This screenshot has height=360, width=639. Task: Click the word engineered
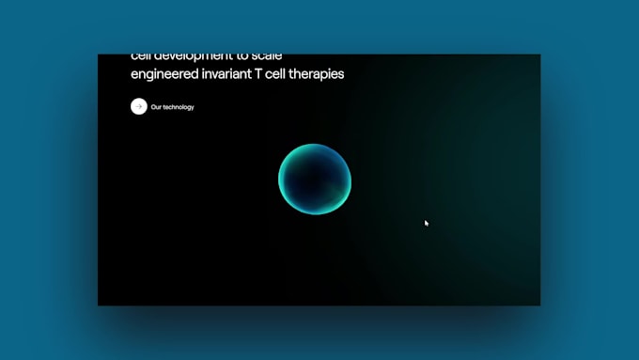click(x=164, y=74)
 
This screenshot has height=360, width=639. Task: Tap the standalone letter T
click(x=266, y=74)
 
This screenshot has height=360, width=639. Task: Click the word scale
click(x=265, y=57)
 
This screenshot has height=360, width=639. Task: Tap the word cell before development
click(x=141, y=57)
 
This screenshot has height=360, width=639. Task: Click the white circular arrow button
click(x=139, y=106)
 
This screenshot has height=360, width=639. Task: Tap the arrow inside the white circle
click(x=139, y=106)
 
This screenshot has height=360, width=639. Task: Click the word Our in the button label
click(x=157, y=107)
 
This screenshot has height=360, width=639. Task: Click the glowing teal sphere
click(x=315, y=179)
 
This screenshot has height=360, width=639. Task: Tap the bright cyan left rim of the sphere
click(x=282, y=180)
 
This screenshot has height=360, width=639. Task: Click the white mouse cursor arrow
click(x=426, y=223)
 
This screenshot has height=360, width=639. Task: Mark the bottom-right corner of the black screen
click(x=539, y=305)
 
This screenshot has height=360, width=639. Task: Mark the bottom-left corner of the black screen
click(x=99, y=305)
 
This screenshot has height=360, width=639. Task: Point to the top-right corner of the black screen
click(x=539, y=55)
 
